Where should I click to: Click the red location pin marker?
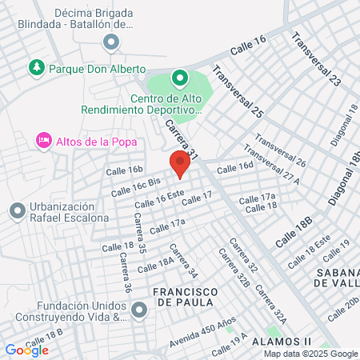pyautogui.click(x=179, y=165)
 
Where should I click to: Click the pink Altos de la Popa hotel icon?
pyautogui.click(x=44, y=141)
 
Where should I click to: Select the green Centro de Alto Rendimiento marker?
pyautogui.click(x=180, y=78)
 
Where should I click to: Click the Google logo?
pyautogui.click(x=26, y=350)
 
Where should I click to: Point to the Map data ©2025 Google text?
pyautogui.click(x=310, y=354)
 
